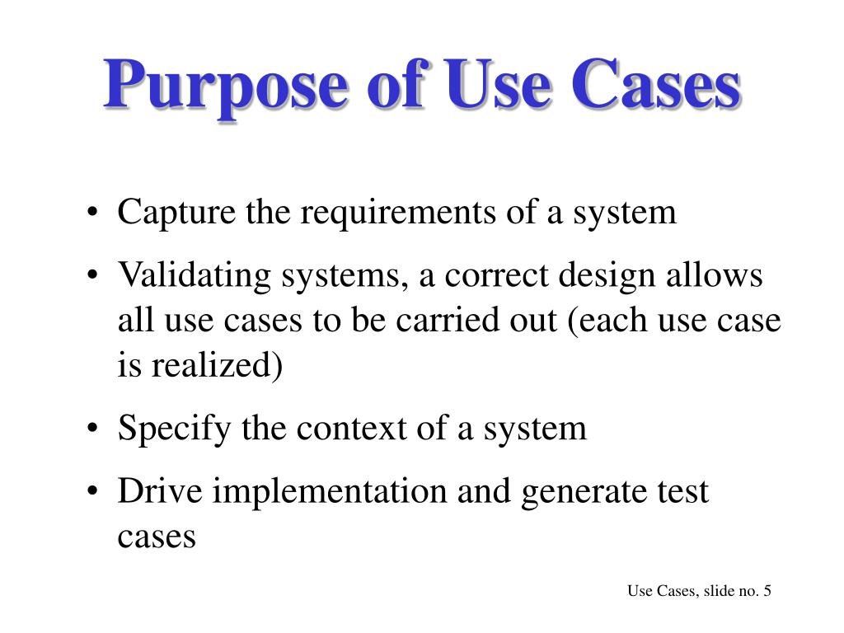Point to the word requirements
coord(396,213)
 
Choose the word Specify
coord(174,429)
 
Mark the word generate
coord(577,492)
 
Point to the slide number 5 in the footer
coord(767,591)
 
